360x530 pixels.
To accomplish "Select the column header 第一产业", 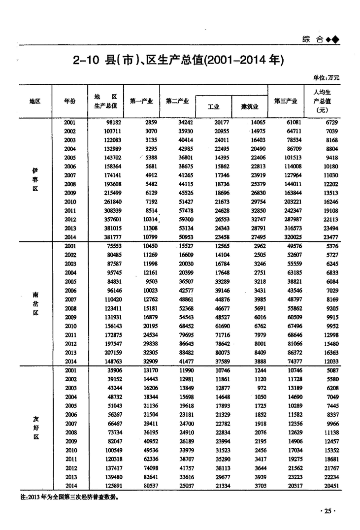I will (141, 101).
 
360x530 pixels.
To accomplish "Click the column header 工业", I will (213, 107).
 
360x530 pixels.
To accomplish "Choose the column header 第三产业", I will (286, 101).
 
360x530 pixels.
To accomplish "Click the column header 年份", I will (70, 101).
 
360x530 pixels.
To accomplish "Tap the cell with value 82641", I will (147, 477).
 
